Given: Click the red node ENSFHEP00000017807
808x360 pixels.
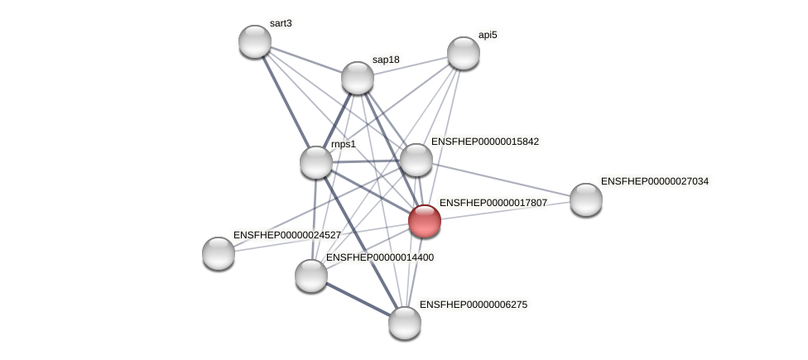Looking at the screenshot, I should tap(425, 221).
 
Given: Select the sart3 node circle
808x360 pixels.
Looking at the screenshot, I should tap(255, 41).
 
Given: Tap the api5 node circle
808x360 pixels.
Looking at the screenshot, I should tap(464, 53).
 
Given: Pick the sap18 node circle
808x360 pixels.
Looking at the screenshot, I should tap(358, 78).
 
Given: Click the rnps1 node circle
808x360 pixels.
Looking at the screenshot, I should tap(316, 162).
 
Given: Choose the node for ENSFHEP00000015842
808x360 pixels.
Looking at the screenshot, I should tap(416, 160).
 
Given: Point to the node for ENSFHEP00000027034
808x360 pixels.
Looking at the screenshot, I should tap(586, 199).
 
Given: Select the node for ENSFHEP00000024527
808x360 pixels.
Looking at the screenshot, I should tap(219, 253).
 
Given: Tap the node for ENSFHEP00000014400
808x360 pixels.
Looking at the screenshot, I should tap(311, 276).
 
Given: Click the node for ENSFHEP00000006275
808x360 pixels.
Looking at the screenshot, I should tap(405, 323).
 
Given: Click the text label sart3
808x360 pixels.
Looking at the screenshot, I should tap(281, 23).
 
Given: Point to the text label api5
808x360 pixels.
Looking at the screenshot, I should tap(488, 35).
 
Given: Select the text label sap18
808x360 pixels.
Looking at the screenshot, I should tap(386, 60).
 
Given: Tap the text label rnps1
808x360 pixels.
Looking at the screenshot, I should tap(344, 144).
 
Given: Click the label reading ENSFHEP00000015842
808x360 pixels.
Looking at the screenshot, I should tap(484, 142).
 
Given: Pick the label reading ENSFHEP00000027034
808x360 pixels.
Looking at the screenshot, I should tap(654, 181).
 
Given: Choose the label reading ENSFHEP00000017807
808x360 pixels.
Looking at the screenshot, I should tap(493, 203).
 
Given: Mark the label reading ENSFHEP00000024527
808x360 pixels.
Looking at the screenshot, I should tap(286, 235).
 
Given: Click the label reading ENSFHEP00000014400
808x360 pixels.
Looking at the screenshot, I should tap(379, 257).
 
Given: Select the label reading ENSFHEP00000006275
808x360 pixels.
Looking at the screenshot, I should tap(473, 305).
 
